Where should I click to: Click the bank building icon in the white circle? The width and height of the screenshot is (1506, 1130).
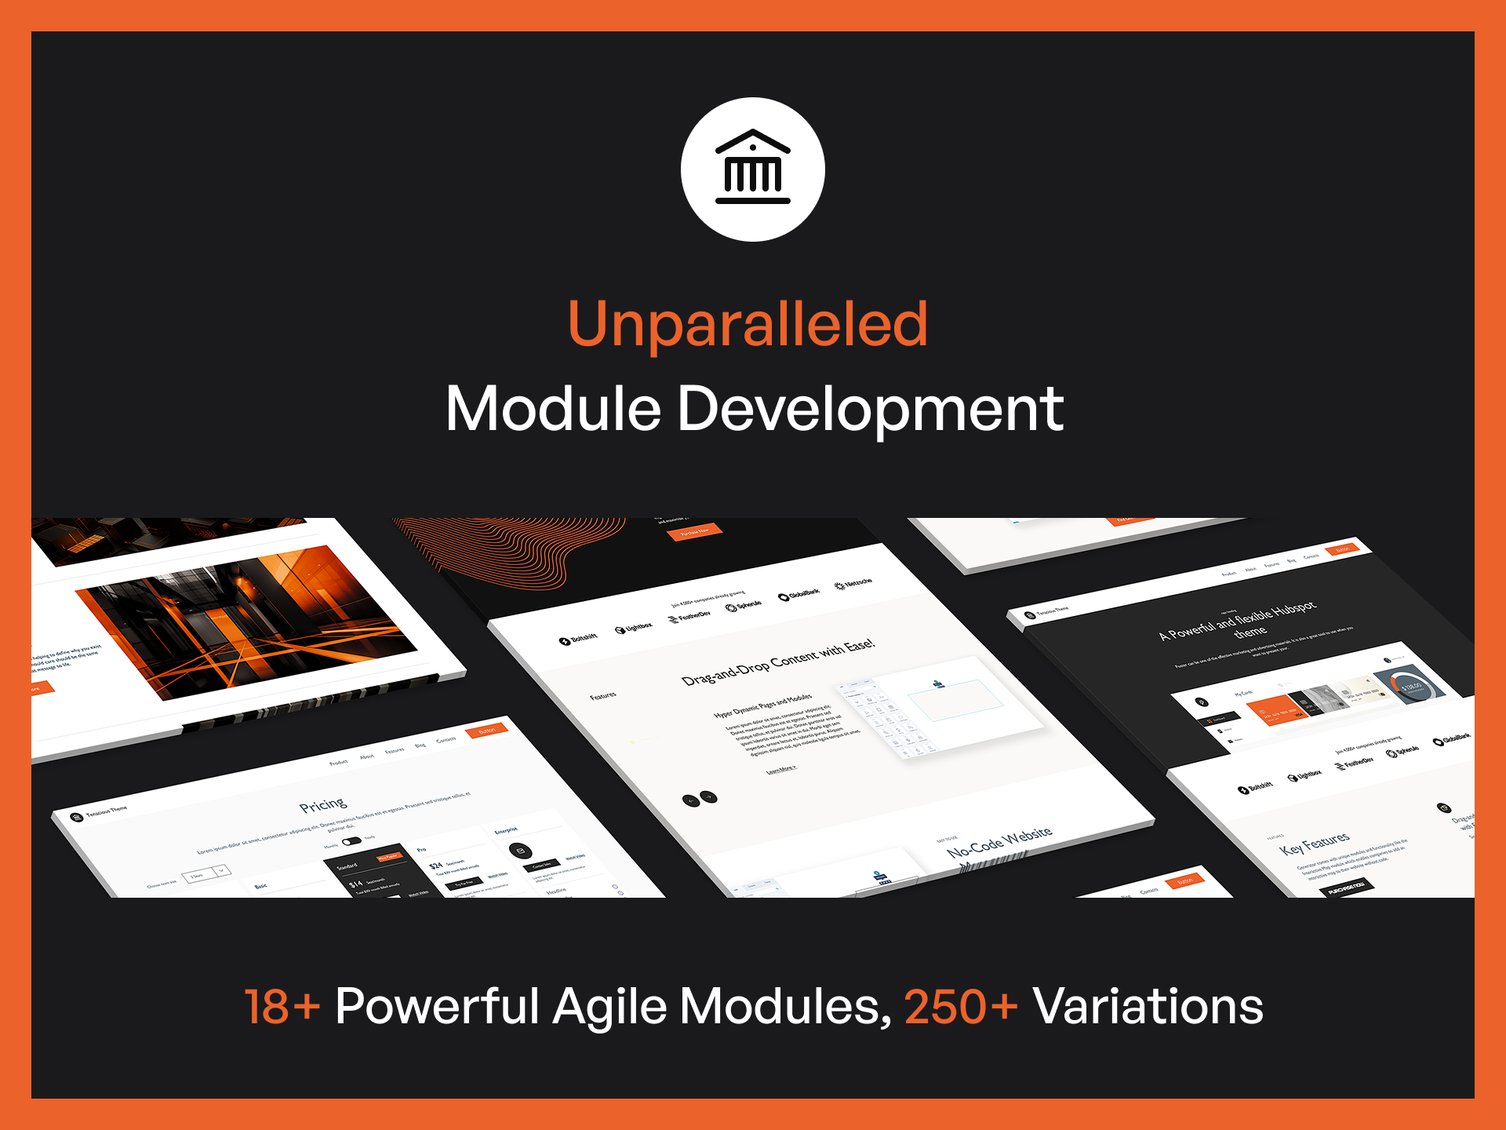(752, 168)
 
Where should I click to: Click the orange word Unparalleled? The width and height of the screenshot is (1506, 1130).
(748, 324)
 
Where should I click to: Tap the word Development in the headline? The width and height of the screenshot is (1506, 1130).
(870, 409)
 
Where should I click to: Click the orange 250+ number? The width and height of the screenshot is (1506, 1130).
(961, 1006)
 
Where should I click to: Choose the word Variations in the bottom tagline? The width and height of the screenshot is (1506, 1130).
(1148, 1006)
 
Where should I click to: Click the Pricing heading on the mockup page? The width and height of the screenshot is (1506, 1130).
(322, 805)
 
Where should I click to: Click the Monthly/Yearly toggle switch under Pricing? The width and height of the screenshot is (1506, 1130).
(351, 841)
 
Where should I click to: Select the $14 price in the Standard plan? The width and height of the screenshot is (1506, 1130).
(356, 884)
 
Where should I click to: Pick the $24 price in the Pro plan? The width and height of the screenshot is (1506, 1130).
(436, 866)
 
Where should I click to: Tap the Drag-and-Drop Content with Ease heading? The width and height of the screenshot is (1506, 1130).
(777, 662)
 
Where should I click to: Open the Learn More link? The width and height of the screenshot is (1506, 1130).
(780, 769)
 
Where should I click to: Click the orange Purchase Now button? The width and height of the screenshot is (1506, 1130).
(694, 532)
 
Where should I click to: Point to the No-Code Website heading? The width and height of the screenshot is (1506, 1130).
(999, 842)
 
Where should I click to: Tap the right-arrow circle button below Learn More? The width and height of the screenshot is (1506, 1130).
(709, 796)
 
